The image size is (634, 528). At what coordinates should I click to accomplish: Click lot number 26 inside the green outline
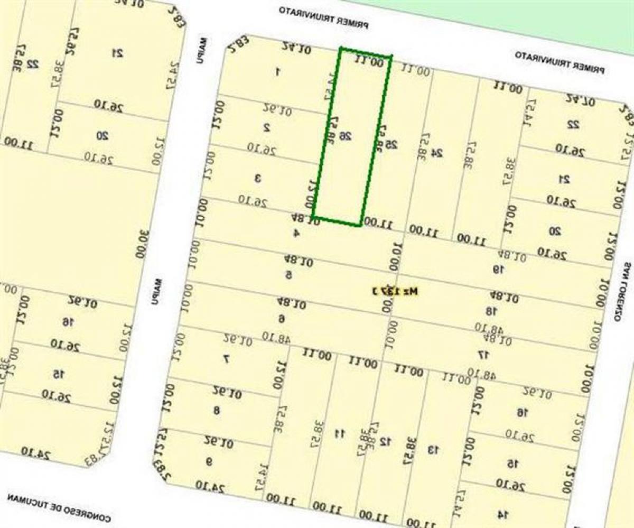click(x=346, y=136)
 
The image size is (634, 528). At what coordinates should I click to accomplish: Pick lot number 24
click(x=437, y=153)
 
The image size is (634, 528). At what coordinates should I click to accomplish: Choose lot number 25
click(x=392, y=144)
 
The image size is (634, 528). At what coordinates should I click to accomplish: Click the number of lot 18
click(x=491, y=311)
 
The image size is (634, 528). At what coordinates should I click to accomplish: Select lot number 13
click(x=433, y=450)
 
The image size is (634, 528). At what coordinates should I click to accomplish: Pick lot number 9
click(x=209, y=462)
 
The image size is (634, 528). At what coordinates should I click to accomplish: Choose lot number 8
click(x=216, y=410)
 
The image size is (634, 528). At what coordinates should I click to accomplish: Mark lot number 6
click(x=282, y=318)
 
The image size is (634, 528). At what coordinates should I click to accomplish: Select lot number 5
click(x=288, y=275)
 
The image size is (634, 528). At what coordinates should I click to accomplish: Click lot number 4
click(x=296, y=233)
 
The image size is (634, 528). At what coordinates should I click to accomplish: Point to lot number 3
click(x=258, y=179)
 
